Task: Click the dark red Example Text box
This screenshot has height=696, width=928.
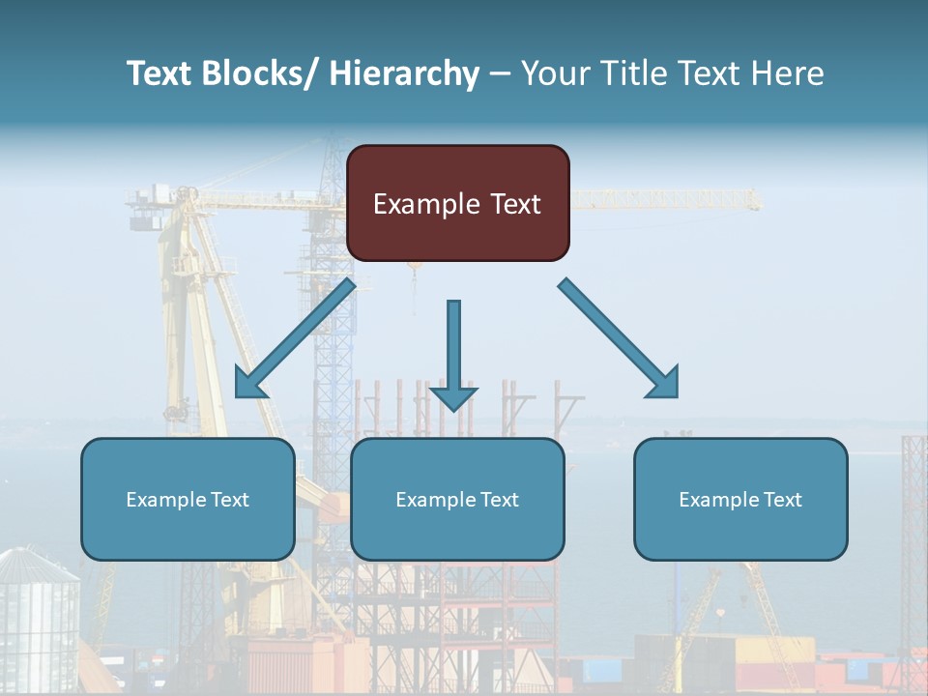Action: pyautogui.click(x=457, y=203)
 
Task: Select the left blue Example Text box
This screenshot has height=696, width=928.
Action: pyautogui.click(x=188, y=499)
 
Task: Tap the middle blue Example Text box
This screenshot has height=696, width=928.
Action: pyautogui.click(x=457, y=499)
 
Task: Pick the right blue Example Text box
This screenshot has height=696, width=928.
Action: pyautogui.click(x=740, y=499)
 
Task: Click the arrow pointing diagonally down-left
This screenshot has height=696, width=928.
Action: pyautogui.click(x=295, y=338)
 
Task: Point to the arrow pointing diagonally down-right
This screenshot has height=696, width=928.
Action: pyautogui.click(x=619, y=338)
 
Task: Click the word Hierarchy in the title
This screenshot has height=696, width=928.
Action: pyautogui.click(x=404, y=73)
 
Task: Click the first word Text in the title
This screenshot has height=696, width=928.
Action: pyautogui.click(x=160, y=73)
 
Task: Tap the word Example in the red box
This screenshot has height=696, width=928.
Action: pyautogui.click(x=425, y=204)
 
